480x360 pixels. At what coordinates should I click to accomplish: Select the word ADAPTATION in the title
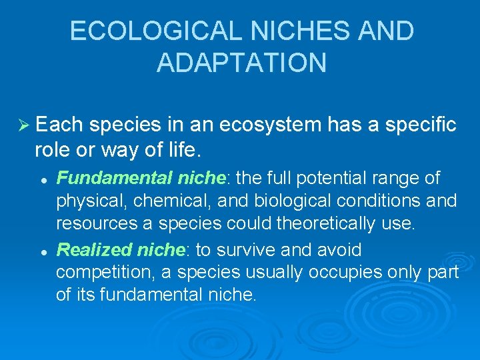pos(241,63)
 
